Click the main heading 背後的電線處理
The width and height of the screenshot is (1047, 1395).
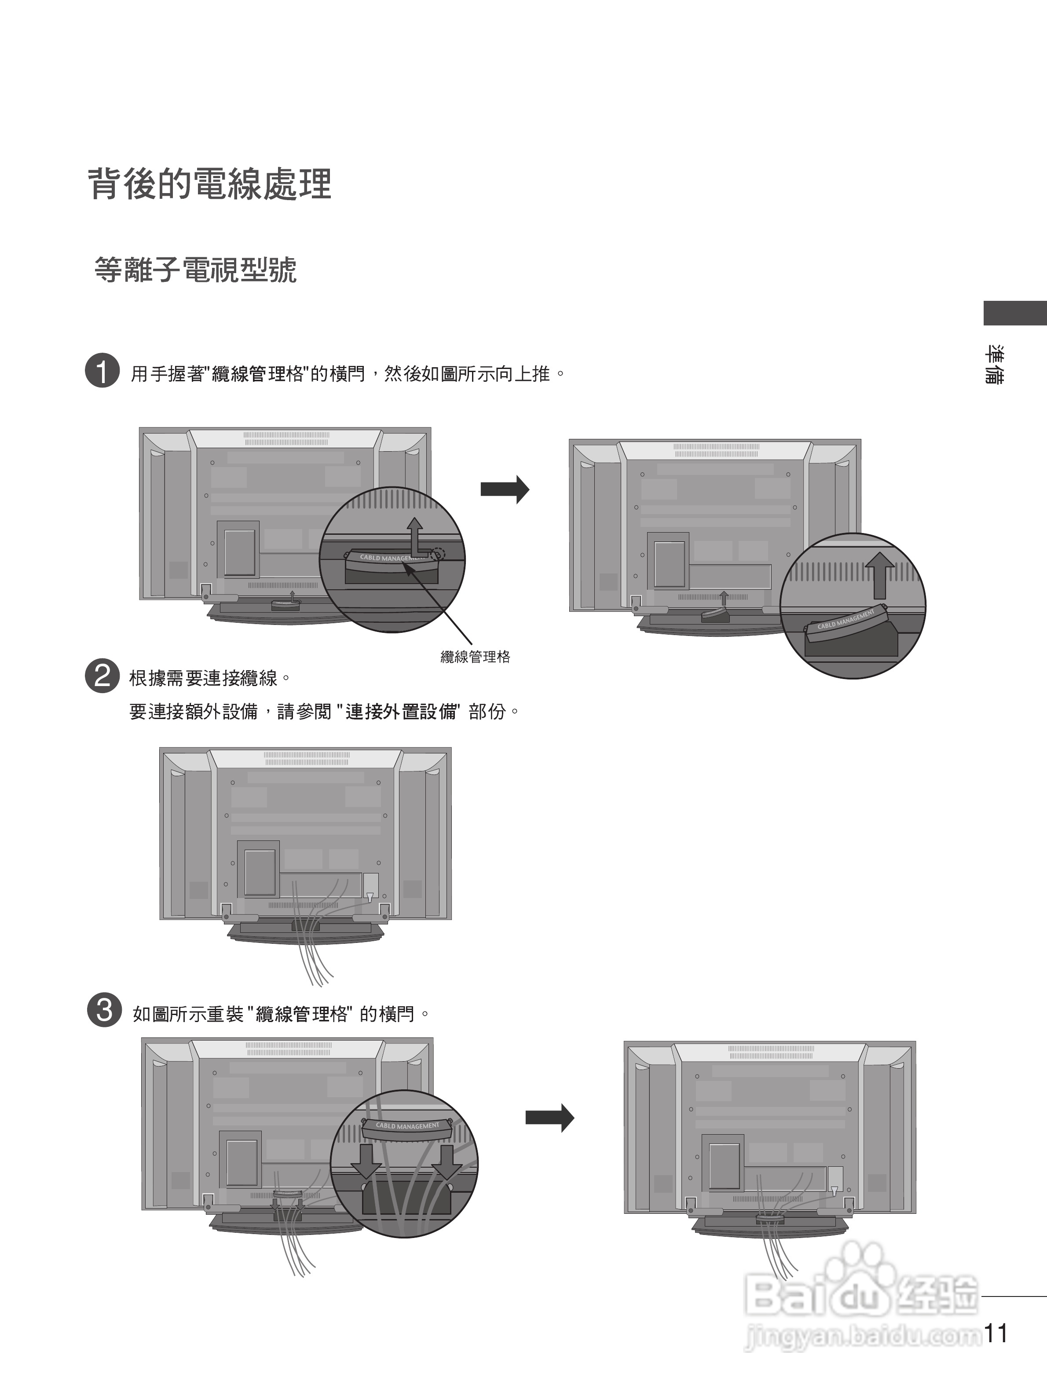(209, 185)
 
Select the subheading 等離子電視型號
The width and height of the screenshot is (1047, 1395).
(195, 270)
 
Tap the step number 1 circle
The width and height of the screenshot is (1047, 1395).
(102, 370)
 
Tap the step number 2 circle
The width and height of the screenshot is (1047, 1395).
(102, 676)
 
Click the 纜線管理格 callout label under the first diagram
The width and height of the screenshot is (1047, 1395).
(475, 657)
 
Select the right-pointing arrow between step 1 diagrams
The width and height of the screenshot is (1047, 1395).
(505, 489)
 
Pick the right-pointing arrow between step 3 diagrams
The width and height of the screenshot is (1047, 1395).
(549, 1118)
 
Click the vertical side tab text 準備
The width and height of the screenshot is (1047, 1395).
(996, 365)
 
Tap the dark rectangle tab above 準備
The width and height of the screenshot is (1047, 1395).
(1015, 314)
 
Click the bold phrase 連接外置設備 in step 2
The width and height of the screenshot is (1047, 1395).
(402, 712)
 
